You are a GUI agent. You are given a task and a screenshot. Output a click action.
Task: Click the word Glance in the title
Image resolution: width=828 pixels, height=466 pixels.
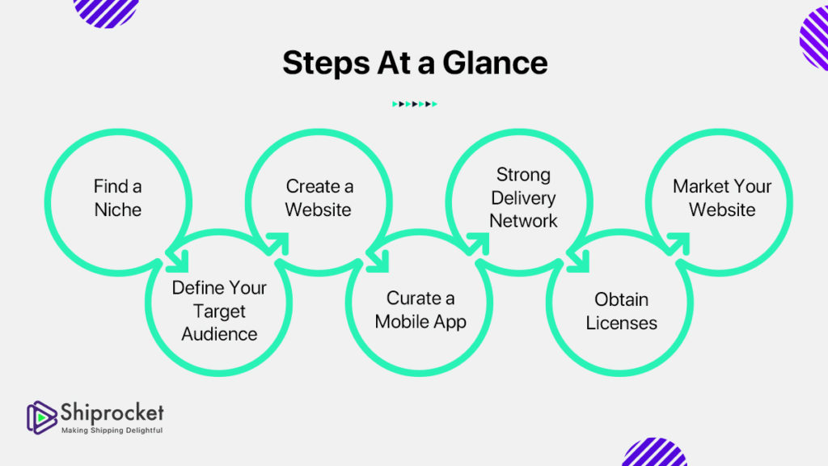(x=500, y=63)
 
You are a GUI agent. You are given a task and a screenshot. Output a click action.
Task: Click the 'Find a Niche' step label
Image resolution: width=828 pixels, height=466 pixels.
(x=118, y=198)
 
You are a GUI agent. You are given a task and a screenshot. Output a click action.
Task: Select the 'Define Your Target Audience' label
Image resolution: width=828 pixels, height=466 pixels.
(x=219, y=311)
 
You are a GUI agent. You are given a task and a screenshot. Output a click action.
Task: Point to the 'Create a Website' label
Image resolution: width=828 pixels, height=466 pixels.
(x=319, y=198)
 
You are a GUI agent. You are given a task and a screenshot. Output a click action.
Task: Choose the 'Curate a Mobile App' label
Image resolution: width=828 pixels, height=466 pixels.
(x=420, y=310)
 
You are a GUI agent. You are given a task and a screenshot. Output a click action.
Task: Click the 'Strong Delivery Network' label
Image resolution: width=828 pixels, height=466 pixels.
(x=523, y=197)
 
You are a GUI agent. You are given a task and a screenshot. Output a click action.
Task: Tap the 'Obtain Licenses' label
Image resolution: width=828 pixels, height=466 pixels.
(x=621, y=311)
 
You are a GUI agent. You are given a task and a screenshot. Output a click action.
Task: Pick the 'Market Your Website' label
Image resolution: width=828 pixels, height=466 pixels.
(x=722, y=198)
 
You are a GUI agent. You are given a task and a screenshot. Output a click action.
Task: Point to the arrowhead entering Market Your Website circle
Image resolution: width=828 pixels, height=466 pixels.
(x=681, y=244)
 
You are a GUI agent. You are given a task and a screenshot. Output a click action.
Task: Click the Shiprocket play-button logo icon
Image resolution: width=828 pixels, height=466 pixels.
(x=41, y=416)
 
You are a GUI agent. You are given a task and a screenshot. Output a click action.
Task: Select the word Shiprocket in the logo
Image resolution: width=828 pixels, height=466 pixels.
(x=112, y=412)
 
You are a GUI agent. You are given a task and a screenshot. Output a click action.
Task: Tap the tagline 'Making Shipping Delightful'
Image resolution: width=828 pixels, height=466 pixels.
(x=112, y=430)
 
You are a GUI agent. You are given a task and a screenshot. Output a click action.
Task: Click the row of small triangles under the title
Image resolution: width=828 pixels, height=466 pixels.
(x=414, y=104)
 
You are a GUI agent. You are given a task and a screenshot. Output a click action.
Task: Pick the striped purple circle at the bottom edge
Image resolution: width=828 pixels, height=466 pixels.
(x=655, y=453)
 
